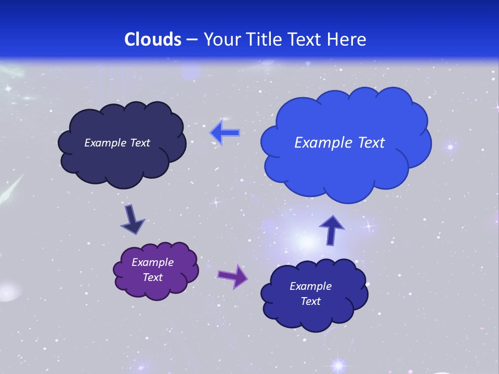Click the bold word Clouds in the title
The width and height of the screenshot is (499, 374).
tap(153, 39)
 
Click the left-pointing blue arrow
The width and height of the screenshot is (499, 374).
tap(225, 133)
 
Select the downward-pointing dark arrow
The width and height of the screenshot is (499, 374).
tap(133, 219)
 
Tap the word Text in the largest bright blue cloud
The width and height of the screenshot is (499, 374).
tap(369, 143)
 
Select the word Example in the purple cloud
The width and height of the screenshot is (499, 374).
tap(152, 262)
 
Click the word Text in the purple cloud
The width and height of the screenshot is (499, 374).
tap(152, 277)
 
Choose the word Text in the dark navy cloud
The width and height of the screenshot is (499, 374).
tap(139, 143)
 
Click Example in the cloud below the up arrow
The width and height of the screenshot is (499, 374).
tap(310, 286)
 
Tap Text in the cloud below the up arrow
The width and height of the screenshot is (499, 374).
tap(310, 301)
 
